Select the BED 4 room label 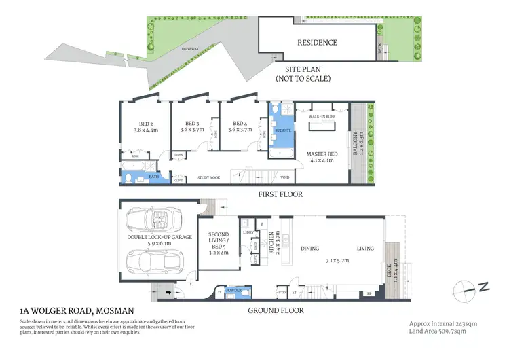[x=240, y=124]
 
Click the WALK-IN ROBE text [x=322, y=117]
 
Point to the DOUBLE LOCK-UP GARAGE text [x=159, y=238]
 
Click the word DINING [x=310, y=249]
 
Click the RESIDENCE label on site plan [x=317, y=42]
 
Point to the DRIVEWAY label [x=190, y=49]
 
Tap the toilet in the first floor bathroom [x=128, y=179]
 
